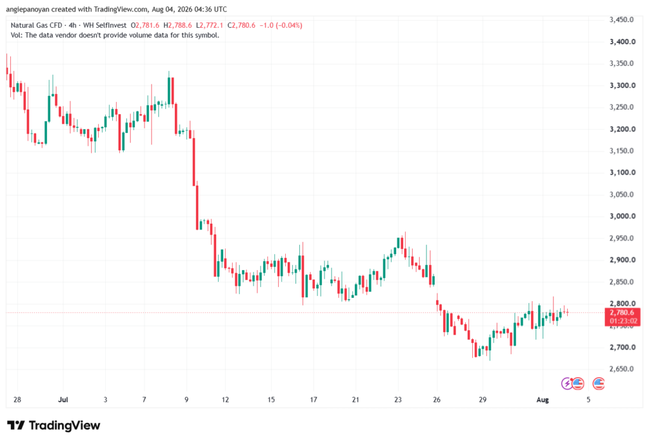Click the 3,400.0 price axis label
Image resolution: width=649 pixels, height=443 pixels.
[622, 42]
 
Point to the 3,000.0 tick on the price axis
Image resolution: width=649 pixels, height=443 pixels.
[622, 216]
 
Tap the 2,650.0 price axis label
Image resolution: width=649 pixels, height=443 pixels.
[622, 369]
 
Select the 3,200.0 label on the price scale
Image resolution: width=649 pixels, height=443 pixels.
[622, 129]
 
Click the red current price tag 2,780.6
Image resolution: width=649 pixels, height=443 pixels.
[622, 312]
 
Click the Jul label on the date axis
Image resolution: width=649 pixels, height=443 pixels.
[63, 399]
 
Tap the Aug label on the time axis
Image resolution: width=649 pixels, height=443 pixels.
[543, 399]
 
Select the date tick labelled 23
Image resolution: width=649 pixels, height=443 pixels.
[398, 399]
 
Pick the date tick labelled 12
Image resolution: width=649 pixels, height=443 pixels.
[225, 399]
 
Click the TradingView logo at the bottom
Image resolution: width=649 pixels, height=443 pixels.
[53, 425]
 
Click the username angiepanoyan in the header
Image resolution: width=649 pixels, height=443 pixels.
[27, 9]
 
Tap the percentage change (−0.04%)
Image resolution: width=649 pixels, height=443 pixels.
[289, 25]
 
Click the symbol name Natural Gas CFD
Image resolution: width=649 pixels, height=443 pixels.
[36, 25]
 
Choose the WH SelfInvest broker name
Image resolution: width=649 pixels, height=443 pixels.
[105, 25]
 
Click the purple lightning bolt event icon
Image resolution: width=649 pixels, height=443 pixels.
[567, 383]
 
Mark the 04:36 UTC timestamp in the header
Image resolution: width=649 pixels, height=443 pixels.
[212, 9]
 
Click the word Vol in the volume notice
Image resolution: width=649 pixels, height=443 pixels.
[16, 35]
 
